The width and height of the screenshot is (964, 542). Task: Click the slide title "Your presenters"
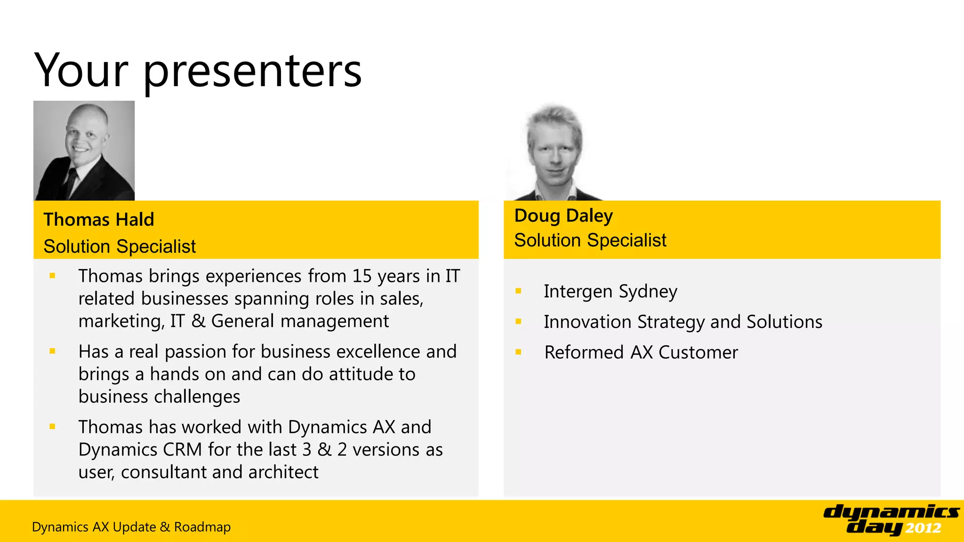198,71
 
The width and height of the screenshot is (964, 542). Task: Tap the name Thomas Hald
99,220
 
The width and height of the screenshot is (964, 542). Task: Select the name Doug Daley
563,216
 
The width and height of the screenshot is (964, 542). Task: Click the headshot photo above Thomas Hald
84,151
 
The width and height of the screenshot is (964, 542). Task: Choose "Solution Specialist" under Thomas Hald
120,247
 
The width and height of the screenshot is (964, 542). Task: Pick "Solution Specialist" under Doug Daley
590,240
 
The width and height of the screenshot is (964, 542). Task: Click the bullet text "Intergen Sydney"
611,292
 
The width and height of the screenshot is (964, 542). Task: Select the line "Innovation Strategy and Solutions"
683,322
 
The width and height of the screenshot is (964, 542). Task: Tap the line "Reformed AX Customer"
641,352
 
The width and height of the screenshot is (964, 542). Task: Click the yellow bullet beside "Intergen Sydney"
518,291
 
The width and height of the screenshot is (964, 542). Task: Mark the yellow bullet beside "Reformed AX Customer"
518,352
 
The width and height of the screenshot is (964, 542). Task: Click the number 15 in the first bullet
362,276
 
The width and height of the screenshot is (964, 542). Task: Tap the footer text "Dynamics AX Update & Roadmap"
131,527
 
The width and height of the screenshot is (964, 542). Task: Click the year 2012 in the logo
923,528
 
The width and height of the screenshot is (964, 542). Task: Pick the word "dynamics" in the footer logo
891,512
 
